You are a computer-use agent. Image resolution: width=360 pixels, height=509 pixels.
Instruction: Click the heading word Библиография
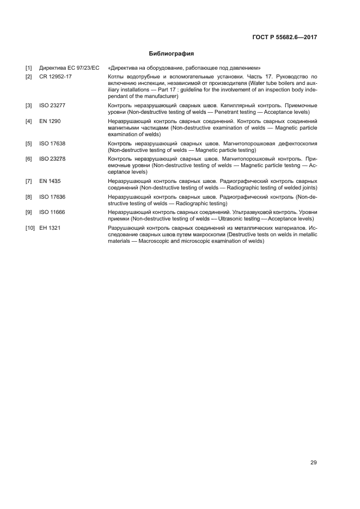tap(172, 54)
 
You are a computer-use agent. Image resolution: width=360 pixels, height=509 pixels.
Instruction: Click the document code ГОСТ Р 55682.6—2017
tap(285, 38)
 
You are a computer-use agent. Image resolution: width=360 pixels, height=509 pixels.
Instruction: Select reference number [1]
tap(28, 68)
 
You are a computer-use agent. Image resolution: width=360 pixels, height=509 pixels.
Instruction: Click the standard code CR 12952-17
tap(56, 77)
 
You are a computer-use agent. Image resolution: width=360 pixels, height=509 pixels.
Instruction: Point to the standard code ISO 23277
tap(53, 105)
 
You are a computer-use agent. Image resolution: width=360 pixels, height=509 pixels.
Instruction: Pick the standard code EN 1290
tap(50, 120)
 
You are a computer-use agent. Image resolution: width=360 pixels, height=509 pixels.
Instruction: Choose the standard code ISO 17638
tap(53, 143)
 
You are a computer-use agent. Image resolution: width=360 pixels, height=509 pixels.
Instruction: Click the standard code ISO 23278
tap(53, 158)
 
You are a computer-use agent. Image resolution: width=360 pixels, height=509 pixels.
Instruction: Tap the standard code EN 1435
tap(50, 180)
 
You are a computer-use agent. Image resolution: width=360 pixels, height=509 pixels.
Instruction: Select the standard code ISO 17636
tap(53, 195)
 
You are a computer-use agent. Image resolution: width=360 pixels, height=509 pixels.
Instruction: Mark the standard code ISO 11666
tap(53, 211)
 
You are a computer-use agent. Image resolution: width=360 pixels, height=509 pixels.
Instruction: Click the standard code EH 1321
tap(50, 227)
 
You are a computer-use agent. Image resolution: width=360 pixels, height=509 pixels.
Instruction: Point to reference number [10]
tap(30, 227)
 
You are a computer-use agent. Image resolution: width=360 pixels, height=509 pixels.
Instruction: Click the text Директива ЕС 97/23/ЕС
tap(69, 68)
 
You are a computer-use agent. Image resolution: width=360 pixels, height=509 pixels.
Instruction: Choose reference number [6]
tap(28, 158)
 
